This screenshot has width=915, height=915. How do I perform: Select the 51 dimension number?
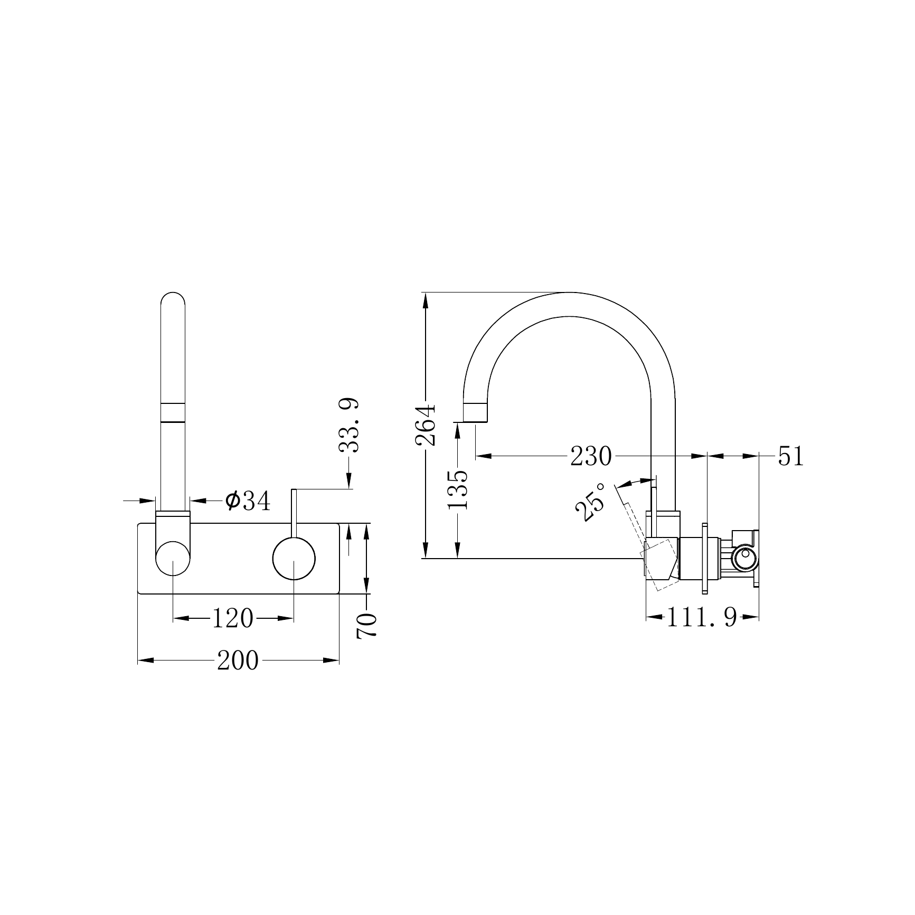click(790, 456)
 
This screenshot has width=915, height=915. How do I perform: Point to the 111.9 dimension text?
click(702, 617)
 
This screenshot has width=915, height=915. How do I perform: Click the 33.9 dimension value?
click(349, 426)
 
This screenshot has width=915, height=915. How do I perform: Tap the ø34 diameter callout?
click(248, 500)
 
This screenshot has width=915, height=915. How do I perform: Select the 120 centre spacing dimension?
click(232, 618)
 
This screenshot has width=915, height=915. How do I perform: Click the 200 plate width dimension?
click(238, 660)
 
